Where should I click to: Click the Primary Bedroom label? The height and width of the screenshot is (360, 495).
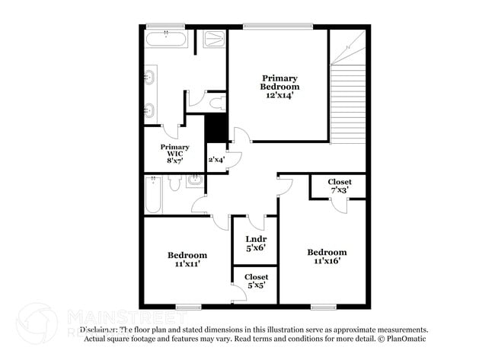coord(280,82)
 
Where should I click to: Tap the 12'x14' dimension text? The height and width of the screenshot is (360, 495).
coord(280,96)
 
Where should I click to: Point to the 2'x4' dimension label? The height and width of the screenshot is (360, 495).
coord(216,160)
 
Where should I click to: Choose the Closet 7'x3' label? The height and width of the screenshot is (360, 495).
coord(340,185)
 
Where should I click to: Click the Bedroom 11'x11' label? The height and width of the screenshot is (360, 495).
coord(187,260)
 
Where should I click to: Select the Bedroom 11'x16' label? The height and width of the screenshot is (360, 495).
coord(327,256)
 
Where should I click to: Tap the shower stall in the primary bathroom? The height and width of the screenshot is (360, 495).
coord(214,39)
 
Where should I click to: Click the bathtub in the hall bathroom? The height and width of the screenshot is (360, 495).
coord(152,195)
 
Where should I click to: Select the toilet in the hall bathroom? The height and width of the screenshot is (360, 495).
coord(174,183)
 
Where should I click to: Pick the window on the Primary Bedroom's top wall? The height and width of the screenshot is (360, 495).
coord(278,27)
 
